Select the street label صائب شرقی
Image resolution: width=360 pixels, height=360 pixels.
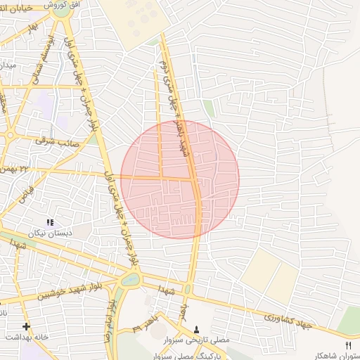[x=65, y=139]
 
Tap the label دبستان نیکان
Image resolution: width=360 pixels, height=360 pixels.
[x=50, y=233]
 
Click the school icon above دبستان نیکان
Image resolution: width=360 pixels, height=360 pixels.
[x=50, y=222]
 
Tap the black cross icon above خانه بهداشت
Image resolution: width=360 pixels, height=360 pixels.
[x=26, y=326]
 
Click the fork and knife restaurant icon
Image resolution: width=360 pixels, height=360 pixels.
[x=348, y=345]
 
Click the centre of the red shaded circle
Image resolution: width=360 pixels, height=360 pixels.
[x=180, y=179]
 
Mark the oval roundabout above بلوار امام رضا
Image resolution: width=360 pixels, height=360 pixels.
[x=130, y=280]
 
